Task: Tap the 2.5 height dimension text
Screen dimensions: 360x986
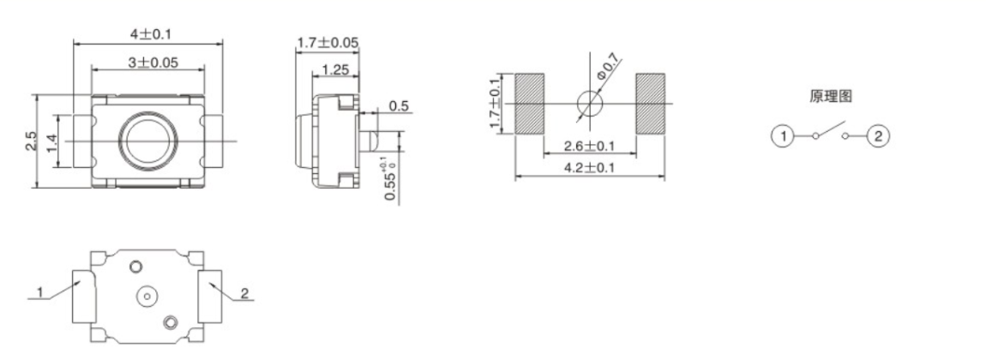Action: coord(32,140)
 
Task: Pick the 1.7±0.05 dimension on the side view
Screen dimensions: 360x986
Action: coord(328,43)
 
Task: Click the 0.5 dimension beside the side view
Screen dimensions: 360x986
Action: coord(400,106)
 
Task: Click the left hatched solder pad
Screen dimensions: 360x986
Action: coord(529,103)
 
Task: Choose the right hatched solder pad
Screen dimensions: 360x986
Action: coord(650,103)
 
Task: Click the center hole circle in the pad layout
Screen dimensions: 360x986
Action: coord(590,103)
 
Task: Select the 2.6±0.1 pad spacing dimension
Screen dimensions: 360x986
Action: coord(589,147)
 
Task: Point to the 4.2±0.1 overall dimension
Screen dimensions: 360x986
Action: coord(589,167)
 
